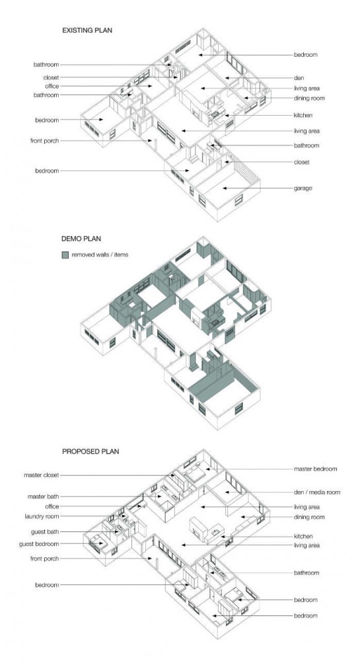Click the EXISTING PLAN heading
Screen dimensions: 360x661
[x=87, y=30]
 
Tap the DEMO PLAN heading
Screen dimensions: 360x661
[x=81, y=239]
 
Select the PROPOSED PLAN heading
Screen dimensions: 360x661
[x=90, y=451]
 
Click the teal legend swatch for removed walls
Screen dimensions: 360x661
[x=65, y=255]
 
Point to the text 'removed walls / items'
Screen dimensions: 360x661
[x=100, y=255]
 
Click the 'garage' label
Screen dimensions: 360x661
[x=303, y=188]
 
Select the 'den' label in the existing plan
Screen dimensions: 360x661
[x=299, y=78]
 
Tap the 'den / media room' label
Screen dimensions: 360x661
[x=317, y=492]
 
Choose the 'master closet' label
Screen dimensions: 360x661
[x=41, y=475]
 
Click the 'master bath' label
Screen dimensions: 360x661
[x=44, y=496]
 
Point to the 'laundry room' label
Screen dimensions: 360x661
[x=42, y=516]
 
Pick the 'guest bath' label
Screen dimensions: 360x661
[x=45, y=532]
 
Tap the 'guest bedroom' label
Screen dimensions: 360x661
[x=39, y=544]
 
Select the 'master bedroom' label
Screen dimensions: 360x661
[x=315, y=469]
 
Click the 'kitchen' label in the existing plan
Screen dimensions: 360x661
[x=303, y=115]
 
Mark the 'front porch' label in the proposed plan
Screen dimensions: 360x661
[x=45, y=559]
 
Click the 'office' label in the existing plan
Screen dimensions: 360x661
[x=52, y=87]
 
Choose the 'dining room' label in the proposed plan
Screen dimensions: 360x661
[x=309, y=518]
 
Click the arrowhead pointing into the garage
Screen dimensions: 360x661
[x=225, y=188]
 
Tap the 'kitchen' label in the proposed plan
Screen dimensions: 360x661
[x=303, y=537]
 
